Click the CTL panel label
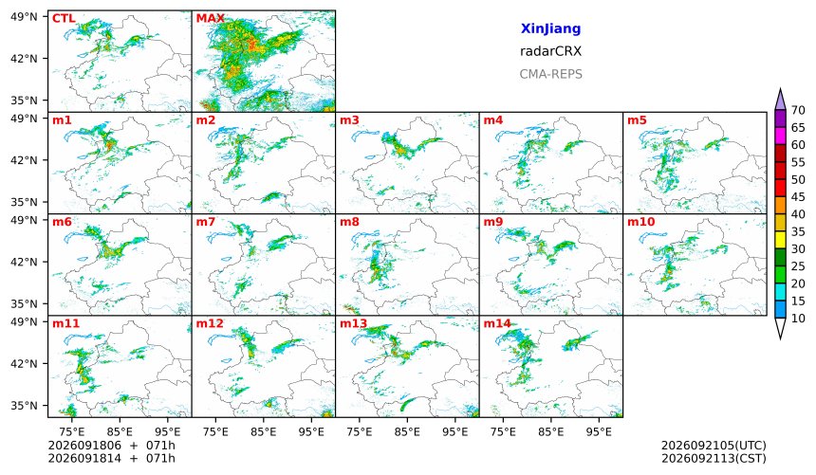point(64,19)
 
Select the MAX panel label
point(211,19)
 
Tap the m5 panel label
point(637,120)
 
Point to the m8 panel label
point(349,222)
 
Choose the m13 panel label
point(353,323)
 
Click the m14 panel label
point(497,323)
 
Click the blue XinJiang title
point(550,28)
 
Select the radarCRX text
point(550,51)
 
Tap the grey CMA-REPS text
point(550,74)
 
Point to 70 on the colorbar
point(798,110)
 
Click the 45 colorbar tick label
point(798,197)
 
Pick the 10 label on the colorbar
point(798,319)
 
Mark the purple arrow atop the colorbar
point(780,100)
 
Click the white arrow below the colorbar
point(780,328)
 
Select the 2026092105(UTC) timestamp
point(714,446)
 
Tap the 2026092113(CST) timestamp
point(714,458)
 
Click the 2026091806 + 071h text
point(111,446)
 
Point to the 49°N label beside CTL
point(24,17)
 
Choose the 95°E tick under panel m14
point(599,431)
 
